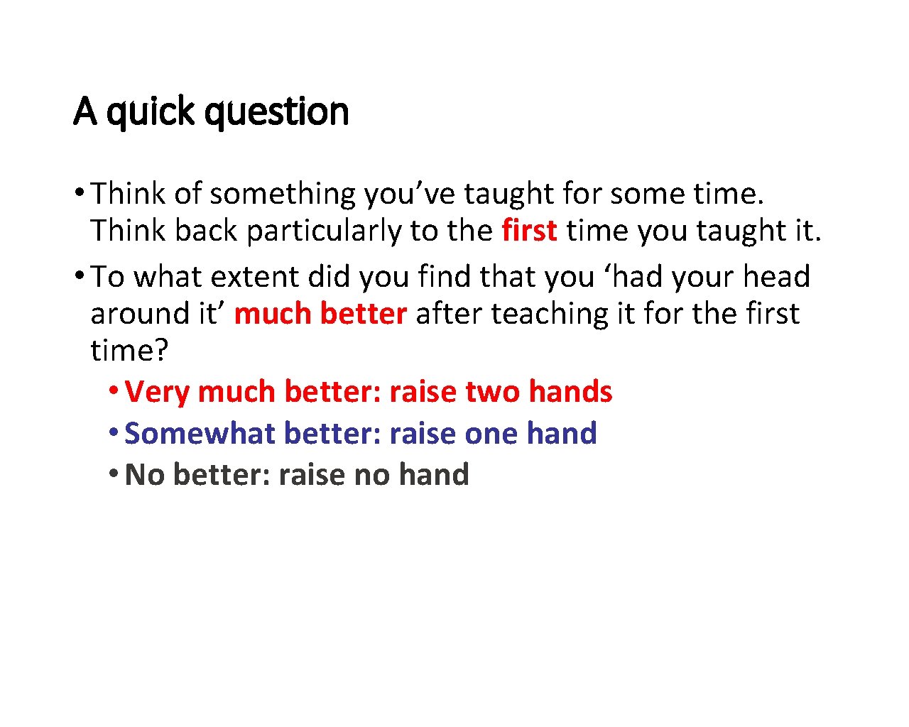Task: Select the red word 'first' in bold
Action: coord(529,231)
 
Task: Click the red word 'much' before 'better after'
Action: coord(272,314)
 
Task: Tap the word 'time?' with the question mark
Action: coord(129,351)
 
